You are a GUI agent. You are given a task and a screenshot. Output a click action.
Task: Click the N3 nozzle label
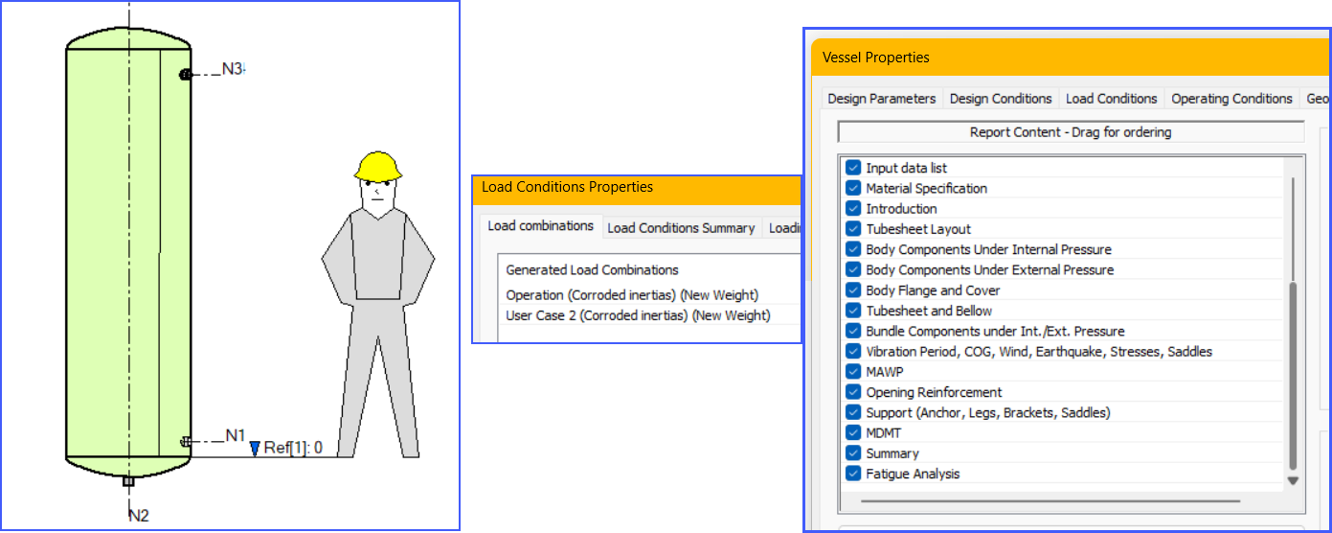pos(232,69)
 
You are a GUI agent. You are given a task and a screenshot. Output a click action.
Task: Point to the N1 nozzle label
pos(236,436)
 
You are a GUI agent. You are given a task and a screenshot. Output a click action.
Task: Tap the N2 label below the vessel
pos(139,516)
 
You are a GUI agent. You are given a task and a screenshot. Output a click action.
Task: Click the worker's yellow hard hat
pos(376,168)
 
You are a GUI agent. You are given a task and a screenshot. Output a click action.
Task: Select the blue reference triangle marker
pos(255,448)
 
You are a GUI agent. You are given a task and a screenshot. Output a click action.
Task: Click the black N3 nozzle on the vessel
pos(186,75)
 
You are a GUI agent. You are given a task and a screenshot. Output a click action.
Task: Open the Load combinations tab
pos(540,226)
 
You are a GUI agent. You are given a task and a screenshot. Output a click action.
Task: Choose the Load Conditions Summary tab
pos(681,228)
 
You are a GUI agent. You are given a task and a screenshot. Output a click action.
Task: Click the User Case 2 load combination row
pos(638,315)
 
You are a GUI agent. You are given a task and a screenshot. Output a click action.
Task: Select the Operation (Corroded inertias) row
pos(632,295)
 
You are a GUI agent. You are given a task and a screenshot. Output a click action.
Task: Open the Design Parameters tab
pos(881,99)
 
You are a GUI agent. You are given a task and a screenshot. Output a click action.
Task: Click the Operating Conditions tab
pos(1231,99)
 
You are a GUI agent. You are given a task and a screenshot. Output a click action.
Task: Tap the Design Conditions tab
pos(1001,99)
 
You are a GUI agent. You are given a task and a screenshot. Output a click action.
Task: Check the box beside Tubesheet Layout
pos(853,229)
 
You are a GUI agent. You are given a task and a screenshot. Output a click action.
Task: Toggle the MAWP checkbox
pos(853,372)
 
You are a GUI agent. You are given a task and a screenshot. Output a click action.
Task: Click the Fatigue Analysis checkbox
pos(853,474)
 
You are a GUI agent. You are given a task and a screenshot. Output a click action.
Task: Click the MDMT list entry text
pos(883,433)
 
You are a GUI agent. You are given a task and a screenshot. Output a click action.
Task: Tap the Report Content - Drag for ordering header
pos(1070,132)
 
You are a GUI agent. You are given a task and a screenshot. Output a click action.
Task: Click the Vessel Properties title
pos(875,58)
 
